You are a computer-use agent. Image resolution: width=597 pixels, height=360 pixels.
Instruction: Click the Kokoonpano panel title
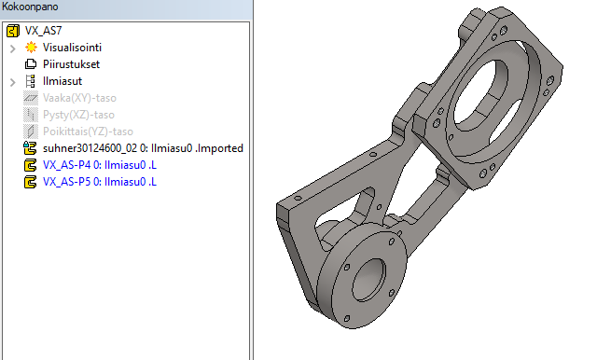tap(30, 7)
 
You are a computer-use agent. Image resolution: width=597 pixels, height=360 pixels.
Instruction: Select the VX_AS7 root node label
tap(44, 31)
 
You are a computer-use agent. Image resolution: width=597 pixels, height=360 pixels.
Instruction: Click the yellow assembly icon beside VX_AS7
tap(13, 31)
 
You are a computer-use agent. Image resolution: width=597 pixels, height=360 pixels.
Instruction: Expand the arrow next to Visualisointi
tap(12, 48)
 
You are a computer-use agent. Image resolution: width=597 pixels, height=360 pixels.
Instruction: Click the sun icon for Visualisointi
tap(31, 48)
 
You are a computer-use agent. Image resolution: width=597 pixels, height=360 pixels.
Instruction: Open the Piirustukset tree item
tap(71, 64)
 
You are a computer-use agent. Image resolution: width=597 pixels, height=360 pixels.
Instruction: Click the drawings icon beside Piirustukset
tap(31, 64)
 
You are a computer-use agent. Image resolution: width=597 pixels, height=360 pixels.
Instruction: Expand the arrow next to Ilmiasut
tap(12, 82)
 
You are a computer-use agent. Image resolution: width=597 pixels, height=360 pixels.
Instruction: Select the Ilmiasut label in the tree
tap(62, 81)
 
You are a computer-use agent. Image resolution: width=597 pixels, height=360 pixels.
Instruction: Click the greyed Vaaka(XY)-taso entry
tap(79, 98)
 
